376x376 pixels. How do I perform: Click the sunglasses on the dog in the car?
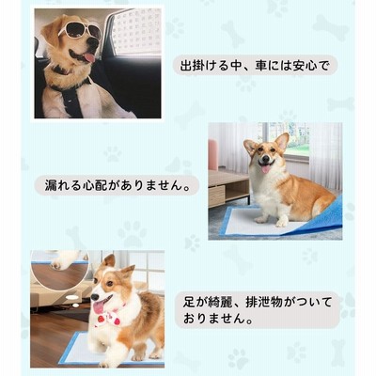click(x=80, y=32)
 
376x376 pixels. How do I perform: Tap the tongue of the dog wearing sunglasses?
click(x=90, y=57)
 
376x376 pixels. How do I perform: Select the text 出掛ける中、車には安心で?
click(x=255, y=66)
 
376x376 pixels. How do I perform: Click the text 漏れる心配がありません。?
click(x=117, y=185)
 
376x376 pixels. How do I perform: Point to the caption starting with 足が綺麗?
click(x=258, y=311)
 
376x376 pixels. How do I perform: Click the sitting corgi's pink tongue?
click(x=266, y=169)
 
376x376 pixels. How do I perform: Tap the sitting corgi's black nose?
click(x=266, y=160)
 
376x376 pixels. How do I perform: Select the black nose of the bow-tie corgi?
click(x=94, y=296)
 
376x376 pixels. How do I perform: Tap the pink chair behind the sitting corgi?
click(x=213, y=155)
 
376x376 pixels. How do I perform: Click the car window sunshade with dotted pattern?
click(x=137, y=31)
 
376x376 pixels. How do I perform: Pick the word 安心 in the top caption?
click(x=305, y=66)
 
